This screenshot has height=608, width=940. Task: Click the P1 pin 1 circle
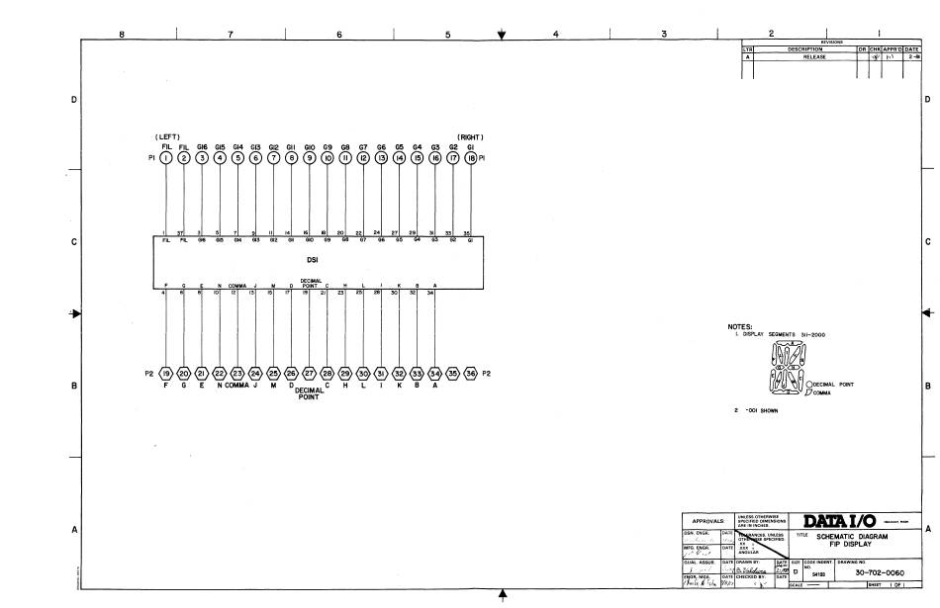[x=166, y=156]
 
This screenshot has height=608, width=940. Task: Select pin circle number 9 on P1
[x=310, y=156]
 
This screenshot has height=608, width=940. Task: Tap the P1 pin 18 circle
[x=471, y=156]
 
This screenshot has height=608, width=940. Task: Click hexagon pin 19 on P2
[x=166, y=374]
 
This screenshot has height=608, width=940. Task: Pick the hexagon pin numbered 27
[x=310, y=374]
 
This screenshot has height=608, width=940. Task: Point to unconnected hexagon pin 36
[x=471, y=374]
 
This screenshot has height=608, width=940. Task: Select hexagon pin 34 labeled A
[x=435, y=374]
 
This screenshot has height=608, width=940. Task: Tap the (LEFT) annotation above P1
[x=165, y=136]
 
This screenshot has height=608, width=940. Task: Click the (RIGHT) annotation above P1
[x=470, y=136]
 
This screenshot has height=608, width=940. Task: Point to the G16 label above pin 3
[x=202, y=145]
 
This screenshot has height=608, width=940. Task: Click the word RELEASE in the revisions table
[x=813, y=57]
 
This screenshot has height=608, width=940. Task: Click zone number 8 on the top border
[x=122, y=34]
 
